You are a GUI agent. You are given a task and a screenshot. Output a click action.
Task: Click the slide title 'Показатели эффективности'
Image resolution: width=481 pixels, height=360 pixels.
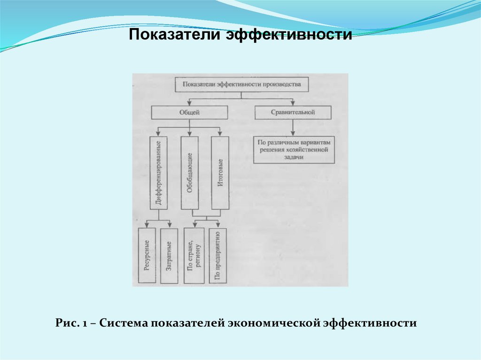click(240, 35)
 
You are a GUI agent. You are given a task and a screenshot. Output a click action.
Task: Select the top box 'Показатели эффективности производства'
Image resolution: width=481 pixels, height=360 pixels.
click(241, 85)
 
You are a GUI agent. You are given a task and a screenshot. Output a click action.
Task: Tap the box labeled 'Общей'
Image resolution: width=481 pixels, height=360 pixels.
click(189, 113)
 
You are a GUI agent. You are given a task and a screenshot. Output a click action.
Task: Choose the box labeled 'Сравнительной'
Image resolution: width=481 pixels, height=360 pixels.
click(293, 113)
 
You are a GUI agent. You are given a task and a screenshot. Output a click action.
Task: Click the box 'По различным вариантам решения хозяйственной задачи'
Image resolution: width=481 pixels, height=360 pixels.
click(294, 150)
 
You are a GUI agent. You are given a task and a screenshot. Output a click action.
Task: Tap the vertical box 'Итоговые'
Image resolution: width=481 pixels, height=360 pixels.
click(220, 173)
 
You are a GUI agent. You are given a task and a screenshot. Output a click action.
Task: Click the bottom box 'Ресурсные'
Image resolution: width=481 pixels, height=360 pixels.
click(147, 256)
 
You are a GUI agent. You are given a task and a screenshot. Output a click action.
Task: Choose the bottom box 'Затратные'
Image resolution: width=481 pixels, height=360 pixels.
click(169, 256)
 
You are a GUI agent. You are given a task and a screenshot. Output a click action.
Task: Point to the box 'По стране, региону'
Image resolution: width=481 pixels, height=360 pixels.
click(194, 256)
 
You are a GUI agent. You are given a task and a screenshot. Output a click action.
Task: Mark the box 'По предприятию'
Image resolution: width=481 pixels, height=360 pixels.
click(217, 256)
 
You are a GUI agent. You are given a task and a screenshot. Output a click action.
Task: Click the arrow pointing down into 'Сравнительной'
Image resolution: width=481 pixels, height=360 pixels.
click(293, 102)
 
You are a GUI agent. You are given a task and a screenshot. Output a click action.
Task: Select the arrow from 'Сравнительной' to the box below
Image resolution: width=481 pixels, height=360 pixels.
click(293, 128)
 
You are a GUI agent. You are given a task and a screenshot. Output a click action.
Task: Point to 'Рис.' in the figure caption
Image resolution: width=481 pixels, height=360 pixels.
click(64, 323)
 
